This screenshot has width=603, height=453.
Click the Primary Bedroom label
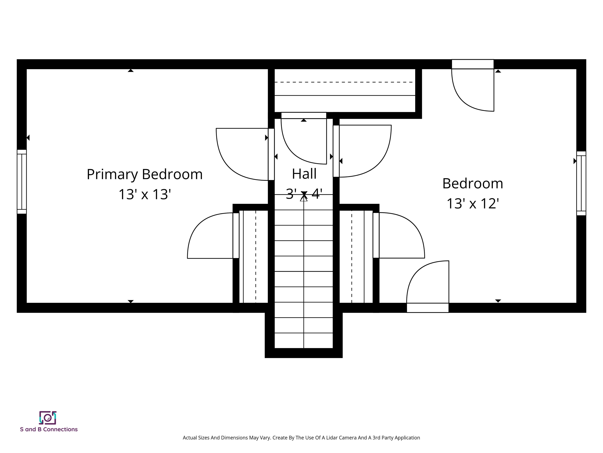coord(144,174)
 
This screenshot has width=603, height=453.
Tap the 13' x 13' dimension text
coord(144,194)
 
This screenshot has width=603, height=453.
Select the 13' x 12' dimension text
coord(472,204)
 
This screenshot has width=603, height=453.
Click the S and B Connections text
coord(49,429)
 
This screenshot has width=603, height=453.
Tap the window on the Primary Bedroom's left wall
coord(22,182)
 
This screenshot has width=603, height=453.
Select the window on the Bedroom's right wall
coord(581,183)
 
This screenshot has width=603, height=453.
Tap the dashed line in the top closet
coord(344,82)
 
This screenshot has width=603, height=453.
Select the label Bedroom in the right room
coord(472,183)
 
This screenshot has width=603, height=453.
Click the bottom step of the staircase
coord(304,341)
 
